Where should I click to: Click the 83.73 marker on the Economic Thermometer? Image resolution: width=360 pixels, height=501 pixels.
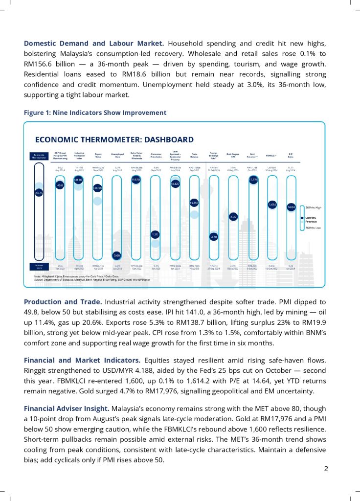pos(39,193)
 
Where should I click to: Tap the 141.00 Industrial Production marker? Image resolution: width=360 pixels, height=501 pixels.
pos(78,180)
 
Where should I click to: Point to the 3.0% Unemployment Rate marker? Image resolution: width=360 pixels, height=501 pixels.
pos(117,255)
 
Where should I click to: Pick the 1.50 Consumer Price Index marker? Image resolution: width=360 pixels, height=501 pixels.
pos(155,234)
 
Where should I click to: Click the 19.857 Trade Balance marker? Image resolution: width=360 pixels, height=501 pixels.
pos(194,203)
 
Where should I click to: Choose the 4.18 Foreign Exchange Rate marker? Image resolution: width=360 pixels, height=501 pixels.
pos(214,236)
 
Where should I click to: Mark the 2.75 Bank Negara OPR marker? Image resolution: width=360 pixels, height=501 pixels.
pos(233,216)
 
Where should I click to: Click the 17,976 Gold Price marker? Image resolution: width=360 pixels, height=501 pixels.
pos(253,180)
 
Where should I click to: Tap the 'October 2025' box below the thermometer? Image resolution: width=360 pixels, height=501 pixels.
pos(39,268)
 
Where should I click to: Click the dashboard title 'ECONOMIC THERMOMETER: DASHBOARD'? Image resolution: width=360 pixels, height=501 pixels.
pos(114,139)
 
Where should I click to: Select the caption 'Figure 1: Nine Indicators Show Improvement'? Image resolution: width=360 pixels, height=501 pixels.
pos(95,113)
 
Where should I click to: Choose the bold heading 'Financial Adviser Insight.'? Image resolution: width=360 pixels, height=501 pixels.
pos(67,408)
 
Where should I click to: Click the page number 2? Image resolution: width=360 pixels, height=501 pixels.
pos(326,469)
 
